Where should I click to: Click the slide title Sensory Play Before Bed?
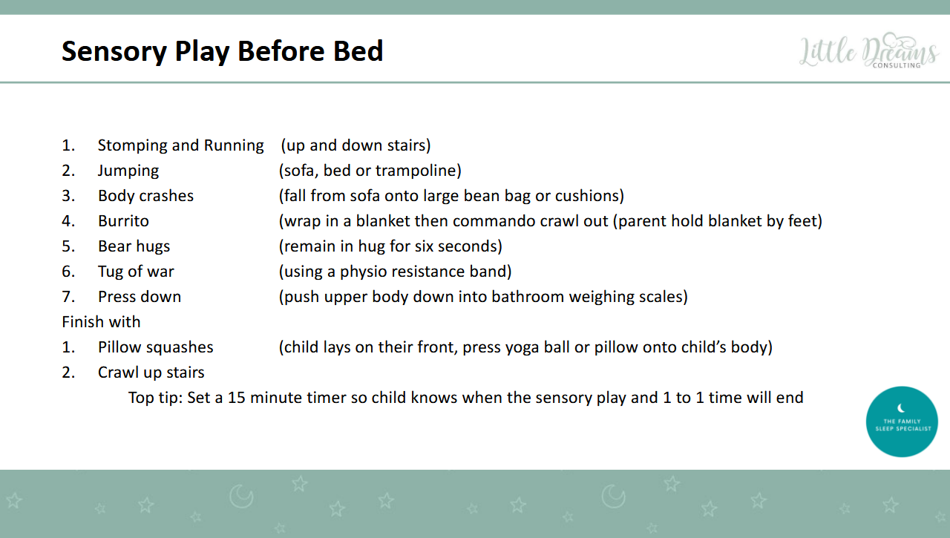222,51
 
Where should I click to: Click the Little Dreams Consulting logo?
868,52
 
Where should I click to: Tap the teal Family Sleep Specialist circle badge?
902,421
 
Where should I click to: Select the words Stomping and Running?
180,145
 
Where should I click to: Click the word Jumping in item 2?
128,171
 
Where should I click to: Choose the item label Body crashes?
145,196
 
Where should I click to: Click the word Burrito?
123,221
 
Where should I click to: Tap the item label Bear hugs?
134,246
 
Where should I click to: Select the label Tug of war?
136,272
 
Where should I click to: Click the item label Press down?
140,297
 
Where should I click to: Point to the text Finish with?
101,322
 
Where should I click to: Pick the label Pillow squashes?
155,347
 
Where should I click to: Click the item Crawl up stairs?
151,373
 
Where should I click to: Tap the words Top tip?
154,398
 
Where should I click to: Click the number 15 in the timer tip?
237,398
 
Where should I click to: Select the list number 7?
68,297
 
